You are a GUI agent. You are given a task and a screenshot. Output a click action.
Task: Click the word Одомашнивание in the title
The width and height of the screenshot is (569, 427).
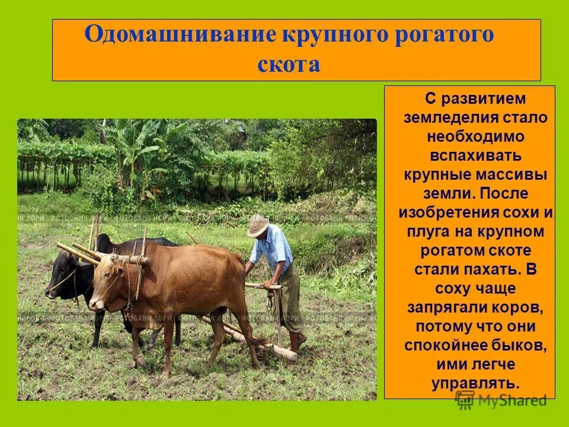pyautogui.click(x=178, y=35)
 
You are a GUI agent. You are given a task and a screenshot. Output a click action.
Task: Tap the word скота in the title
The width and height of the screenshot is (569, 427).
pyautogui.click(x=289, y=64)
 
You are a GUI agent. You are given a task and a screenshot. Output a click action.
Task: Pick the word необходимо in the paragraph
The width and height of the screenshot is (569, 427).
pyautogui.click(x=476, y=136)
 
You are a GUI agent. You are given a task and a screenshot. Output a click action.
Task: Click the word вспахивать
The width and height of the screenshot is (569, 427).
pyautogui.click(x=476, y=155)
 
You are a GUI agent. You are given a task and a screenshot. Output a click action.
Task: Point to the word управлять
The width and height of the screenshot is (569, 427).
pyautogui.click(x=476, y=384)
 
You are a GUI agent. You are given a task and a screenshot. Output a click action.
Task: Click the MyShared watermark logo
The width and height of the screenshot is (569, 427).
pyautogui.click(x=501, y=400)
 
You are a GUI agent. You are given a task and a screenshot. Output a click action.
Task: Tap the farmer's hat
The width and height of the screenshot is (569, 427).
pyautogui.click(x=258, y=226)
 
